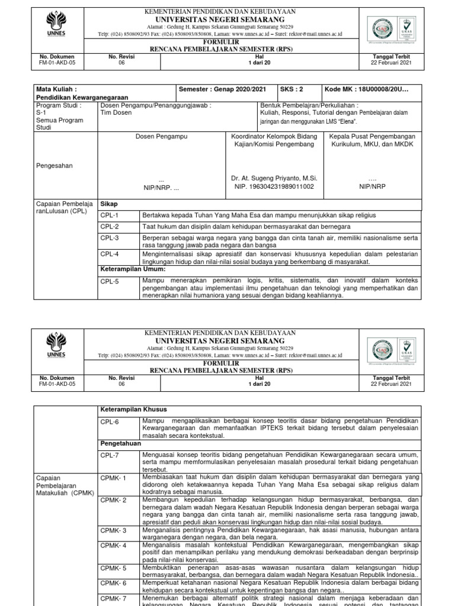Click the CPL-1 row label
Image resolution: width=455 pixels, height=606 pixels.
tap(110, 215)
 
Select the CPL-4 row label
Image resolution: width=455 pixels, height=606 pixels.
tap(110, 254)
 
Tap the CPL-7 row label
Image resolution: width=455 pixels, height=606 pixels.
tap(110, 454)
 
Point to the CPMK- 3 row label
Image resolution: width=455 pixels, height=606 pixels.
tap(113, 531)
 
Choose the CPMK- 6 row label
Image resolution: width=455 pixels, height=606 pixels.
tap(113, 583)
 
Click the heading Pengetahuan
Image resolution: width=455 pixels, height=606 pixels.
tap(120, 442)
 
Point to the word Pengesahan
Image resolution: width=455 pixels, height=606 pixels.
tap(55, 166)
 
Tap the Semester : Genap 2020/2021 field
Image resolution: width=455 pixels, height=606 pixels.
tap(222, 89)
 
